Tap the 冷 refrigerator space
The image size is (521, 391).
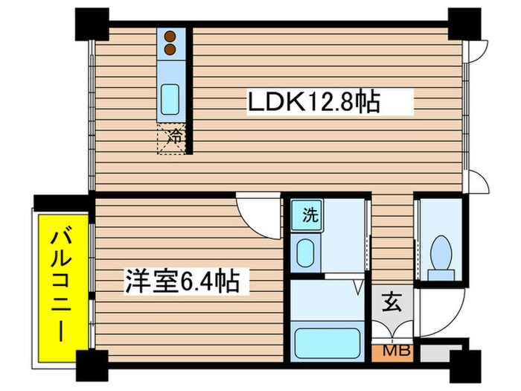173,138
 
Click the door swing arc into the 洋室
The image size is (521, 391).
257,211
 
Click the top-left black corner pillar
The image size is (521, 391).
90,22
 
